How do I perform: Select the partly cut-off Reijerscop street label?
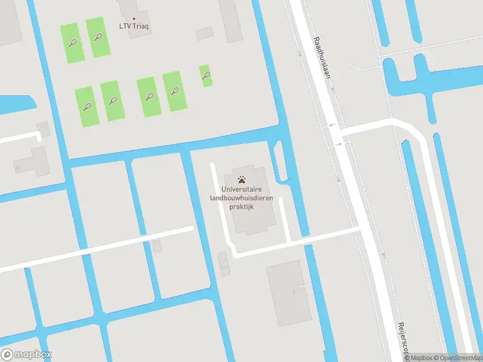(403, 341)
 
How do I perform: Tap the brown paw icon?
(242, 179)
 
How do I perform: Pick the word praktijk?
(242, 206)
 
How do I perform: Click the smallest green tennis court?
(206, 75)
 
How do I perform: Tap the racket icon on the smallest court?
(206, 75)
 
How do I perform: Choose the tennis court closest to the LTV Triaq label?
(97, 37)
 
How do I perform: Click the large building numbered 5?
(289, 302)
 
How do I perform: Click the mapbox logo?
(27, 355)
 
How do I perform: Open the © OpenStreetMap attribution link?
(458, 358)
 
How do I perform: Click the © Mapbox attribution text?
(420, 358)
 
